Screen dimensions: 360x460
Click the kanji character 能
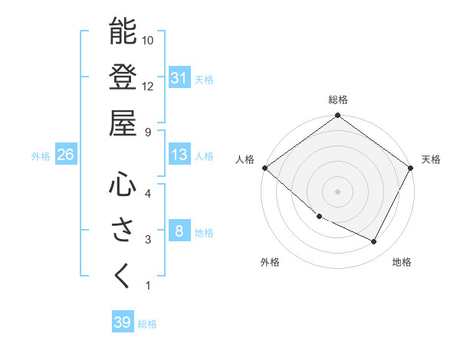coord(123,31)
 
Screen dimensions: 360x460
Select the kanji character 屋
coord(123,122)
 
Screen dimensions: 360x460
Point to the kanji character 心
coord(123,184)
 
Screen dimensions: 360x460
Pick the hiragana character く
coord(123,275)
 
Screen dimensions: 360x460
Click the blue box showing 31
coord(179,77)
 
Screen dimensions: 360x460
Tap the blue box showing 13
coord(179,155)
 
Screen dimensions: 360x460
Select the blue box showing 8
coord(179,231)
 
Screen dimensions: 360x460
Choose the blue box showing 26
coord(65,155)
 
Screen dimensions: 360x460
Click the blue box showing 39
coord(122,322)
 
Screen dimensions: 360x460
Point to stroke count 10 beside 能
coord(148,40)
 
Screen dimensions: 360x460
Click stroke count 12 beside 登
coord(148,86)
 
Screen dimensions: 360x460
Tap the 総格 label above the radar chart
coord(337,100)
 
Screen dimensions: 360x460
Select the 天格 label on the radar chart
coord(431,159)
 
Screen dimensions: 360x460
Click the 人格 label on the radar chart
coord(244,159)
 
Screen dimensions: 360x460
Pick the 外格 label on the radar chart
coord(269,262)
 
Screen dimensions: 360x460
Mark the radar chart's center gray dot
coord(337,191)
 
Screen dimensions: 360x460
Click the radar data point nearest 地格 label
coord(374,241)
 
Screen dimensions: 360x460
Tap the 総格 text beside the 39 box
coord(147,324)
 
